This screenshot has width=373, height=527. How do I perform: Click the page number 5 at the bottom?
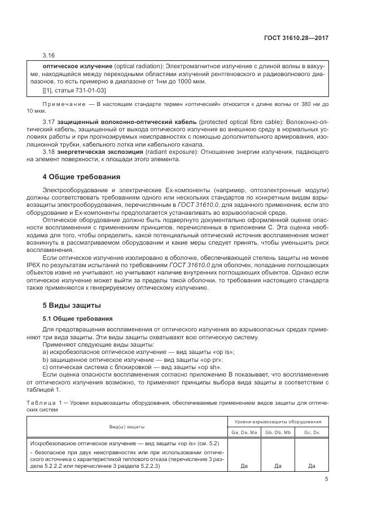(326, 479)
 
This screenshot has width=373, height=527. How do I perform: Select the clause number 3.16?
(49, 56)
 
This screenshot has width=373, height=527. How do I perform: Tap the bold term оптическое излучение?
(74, 67)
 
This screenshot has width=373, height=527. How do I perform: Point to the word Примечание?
(68, 105)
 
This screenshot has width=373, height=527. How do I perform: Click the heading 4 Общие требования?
(81, 176)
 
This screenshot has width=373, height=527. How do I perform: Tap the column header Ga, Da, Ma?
(243, 432)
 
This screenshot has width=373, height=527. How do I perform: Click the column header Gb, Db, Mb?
(277, 432)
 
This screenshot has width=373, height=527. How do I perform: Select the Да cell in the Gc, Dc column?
(311, 466)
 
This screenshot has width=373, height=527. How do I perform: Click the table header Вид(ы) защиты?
(127, 427)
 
